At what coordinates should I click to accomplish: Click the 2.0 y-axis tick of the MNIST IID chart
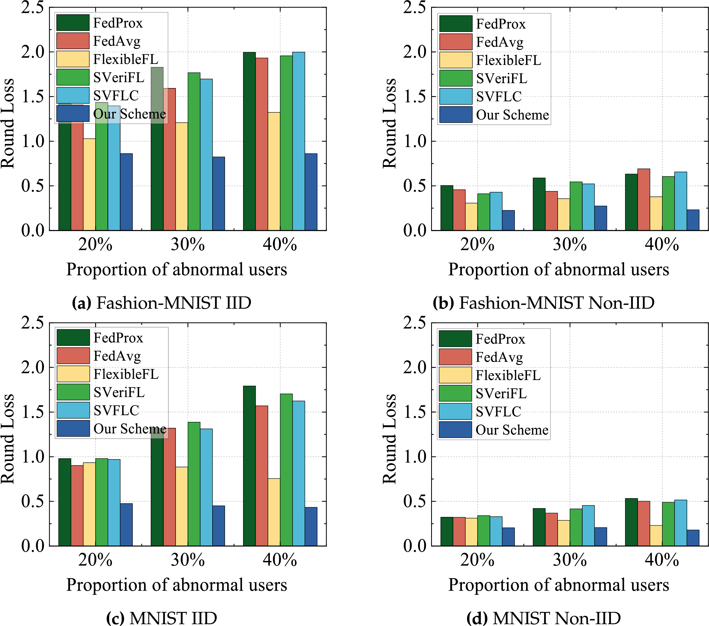pos(33,367)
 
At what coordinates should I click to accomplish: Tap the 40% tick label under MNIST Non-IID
pos(662,560)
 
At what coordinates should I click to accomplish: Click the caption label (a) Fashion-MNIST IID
pos(162,303)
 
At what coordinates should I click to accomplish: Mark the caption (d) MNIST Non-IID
pos(543,618)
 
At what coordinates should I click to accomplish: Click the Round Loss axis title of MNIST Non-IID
pos(390,439)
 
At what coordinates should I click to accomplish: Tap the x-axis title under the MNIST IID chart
pos(176,585)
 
